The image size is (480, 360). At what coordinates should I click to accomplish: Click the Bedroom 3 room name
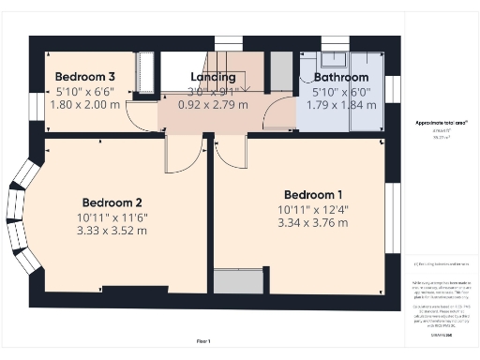click(85, 77)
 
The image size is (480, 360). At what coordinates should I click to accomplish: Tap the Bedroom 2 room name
click(112, 202)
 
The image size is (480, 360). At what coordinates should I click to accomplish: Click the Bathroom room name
click(341, 77)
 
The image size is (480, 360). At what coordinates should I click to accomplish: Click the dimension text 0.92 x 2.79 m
click(212, 105)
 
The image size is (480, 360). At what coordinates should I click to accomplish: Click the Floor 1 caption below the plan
click(203, 341)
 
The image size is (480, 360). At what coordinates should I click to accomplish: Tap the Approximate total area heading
click(441, 123)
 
